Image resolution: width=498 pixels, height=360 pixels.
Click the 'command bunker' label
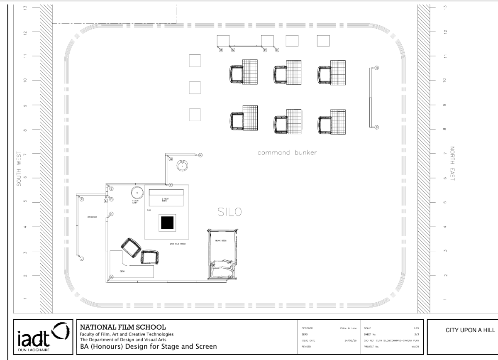click(x=287, y=153)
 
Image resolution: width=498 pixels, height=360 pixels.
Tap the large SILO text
click(x=229, y=212)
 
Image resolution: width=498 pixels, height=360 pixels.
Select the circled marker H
click(x=200, y=155)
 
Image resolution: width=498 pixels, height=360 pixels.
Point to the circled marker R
click(x=377, y=68)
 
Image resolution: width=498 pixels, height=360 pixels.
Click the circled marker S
click(x=377, y=127)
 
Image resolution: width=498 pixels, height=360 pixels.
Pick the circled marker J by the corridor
click(x=82, y=259)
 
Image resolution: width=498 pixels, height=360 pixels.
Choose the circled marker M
click(x=221, y=50)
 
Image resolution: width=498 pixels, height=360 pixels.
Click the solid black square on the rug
click(x=168, y=223)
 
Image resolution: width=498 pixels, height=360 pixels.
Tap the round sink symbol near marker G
click(x=182, y=165)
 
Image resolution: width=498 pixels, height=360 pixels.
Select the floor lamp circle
click(x=137, y=193)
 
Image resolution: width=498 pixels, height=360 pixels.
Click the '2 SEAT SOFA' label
click(x=166, y=200)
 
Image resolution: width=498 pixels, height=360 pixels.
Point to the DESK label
click(x=122, y=271)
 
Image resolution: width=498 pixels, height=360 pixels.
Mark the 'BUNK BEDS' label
click(x=220, y=240)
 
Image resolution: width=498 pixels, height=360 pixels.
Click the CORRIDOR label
click(x=92, y=217)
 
